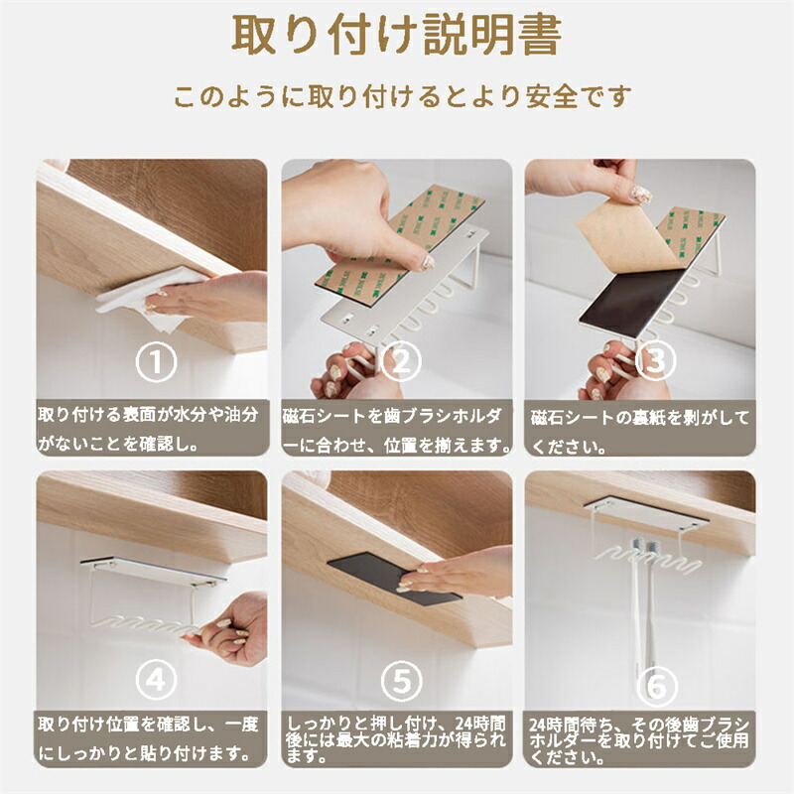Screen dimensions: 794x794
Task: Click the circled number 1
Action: pyautogui.click(x=156, y=361)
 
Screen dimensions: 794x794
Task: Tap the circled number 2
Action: pyautogui.click(x=401, y=361)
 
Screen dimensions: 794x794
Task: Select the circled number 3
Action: pyautogui.click(x=656, y=360)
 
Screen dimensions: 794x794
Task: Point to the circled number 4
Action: pyautogui.click(x=156, y=680)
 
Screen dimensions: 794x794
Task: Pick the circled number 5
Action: pyautogui.click(x=401, y=680)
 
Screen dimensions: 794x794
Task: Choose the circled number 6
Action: pyautogui.click(x=657, y=686)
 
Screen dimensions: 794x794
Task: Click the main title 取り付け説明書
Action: pyautogui.click(x=397, y=35)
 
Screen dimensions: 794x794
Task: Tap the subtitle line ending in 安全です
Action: pyautogui.click(x=403, y=95)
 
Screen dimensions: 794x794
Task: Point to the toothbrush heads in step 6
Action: pyautogui.click(x=643, y=549)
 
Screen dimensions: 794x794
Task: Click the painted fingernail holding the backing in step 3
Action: pyautogui.click(x=641, y=194)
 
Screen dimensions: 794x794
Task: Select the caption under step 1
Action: pyautogui.click(x=148, y=430)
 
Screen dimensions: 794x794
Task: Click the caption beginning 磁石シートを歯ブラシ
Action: pyautogui.click(x=397, y=431)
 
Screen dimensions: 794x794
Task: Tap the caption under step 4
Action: pyautogui.click(x=148, y=738)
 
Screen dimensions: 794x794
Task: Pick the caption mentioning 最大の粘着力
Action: pyautogui.click(x=396, y=739)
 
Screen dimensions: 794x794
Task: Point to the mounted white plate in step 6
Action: pyautogui.click(x=646, y=514)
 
